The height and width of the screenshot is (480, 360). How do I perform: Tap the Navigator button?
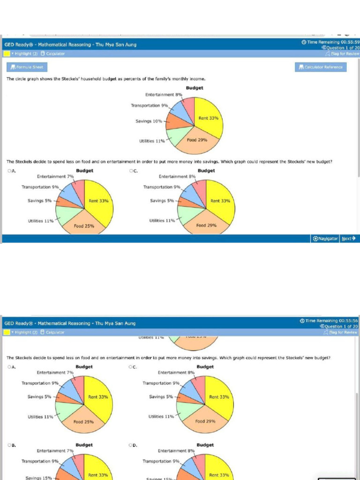(325, 239)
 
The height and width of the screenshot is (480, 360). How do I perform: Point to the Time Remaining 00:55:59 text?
(330, 42)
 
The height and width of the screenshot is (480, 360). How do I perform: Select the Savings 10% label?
(149, 121)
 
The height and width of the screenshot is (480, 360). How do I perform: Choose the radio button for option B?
(9, 445)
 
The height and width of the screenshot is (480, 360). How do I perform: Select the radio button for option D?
(131, 445)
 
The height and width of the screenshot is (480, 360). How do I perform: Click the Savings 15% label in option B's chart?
(39, 478)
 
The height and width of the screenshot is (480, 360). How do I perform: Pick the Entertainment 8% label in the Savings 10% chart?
(164, 95)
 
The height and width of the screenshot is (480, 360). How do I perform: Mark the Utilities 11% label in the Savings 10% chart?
(152, 141)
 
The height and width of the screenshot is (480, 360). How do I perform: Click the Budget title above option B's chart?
(84, 445)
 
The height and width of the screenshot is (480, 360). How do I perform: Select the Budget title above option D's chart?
(205, 445)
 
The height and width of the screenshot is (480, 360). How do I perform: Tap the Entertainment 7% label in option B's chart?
(55, 451)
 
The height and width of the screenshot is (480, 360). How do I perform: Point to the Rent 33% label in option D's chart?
(219, 475)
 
